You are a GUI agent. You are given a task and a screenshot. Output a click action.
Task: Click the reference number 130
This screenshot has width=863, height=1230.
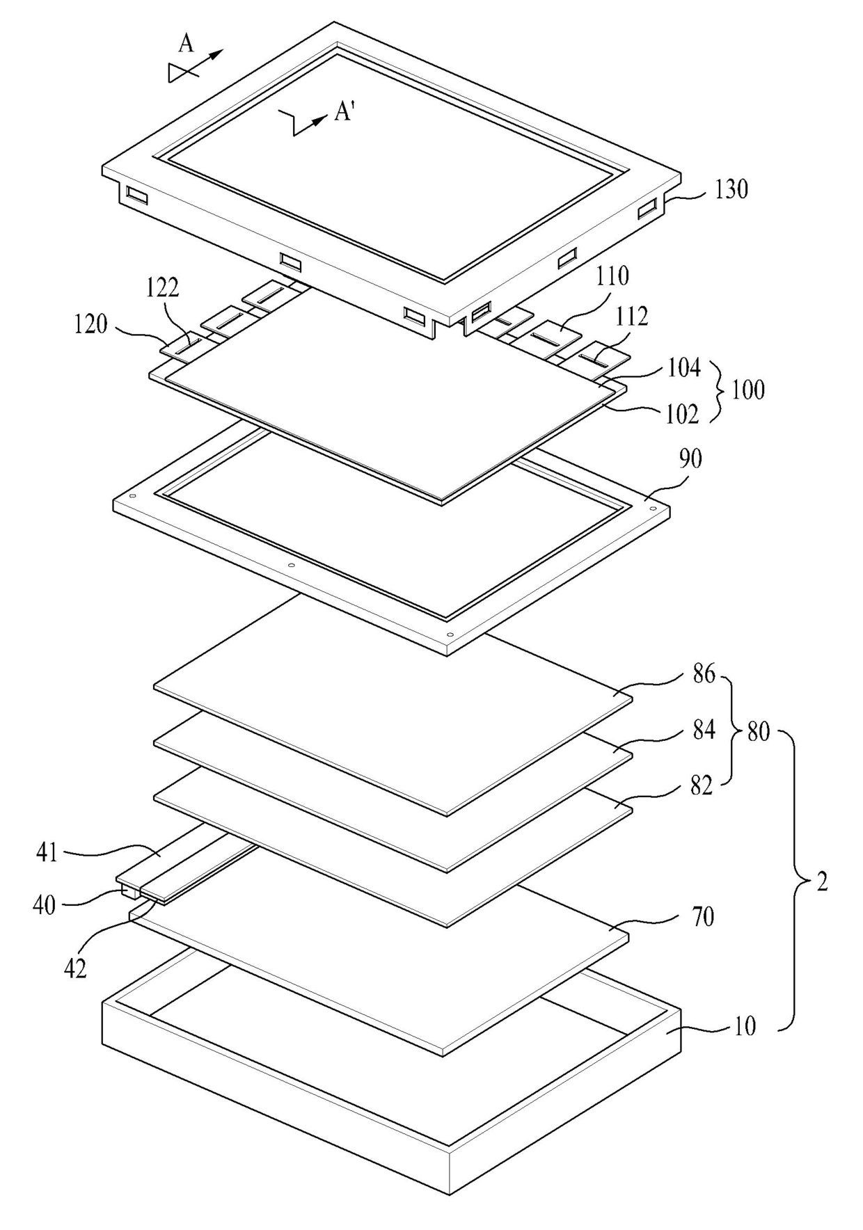coord(731,189)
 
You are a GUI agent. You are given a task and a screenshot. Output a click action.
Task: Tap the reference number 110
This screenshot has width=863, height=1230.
coord(612,276)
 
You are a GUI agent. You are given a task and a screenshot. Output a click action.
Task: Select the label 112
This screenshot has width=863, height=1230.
coord(632,317)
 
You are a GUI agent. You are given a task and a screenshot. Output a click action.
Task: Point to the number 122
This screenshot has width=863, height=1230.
coord(162,288)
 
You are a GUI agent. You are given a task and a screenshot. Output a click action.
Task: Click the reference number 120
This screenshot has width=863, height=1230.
coord(90,324)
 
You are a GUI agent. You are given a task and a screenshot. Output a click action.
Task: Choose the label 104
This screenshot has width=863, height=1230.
coord(684,368)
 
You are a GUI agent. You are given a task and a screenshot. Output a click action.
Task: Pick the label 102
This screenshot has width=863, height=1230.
coord(682,415)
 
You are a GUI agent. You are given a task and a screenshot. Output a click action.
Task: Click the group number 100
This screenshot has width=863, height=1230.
coord(747,390)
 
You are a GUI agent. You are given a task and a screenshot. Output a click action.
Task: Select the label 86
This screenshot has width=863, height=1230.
coord(704,674)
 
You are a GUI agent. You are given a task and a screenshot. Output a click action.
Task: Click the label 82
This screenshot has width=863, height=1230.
coord(702,785)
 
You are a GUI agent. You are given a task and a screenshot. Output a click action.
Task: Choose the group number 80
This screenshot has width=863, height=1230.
coord(758,732)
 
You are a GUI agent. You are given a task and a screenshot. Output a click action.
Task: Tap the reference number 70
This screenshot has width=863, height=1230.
coord(703,917)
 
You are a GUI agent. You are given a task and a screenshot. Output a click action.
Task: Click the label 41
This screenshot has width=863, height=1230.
coord(47,852)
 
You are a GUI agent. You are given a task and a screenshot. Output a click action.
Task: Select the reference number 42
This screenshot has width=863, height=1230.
coord(75,968)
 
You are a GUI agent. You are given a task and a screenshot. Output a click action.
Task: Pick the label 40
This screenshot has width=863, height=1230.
coord(45,905)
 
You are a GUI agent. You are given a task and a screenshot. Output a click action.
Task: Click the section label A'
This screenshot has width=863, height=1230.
coord(345,111)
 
